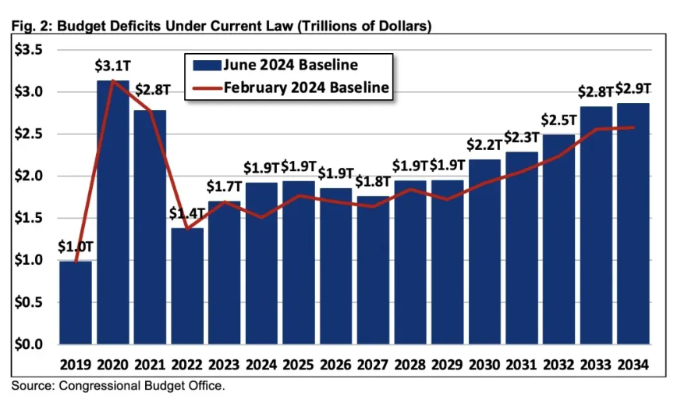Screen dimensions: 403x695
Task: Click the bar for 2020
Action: [113, 212]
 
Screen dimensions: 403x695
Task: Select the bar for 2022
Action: [187, 286]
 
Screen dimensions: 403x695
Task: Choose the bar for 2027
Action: [374, 269]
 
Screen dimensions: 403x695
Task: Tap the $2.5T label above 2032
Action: [558, 120]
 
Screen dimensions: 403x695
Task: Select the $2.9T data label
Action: [634, 88]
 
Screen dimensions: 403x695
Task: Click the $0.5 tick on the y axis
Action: [28, 302]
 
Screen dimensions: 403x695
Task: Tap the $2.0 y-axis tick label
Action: [28, 177]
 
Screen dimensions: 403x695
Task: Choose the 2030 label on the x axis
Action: [485, 365]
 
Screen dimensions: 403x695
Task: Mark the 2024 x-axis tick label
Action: [261, 365]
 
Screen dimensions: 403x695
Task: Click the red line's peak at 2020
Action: [113, 80]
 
